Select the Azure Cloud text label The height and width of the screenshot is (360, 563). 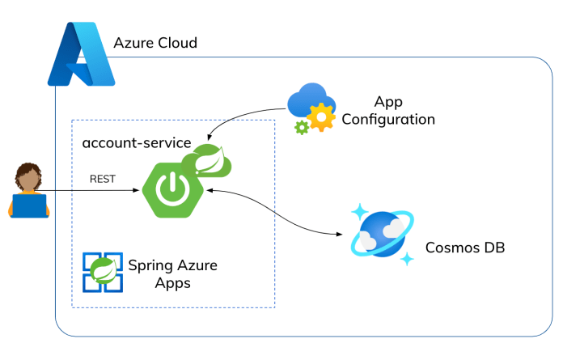point(155,43)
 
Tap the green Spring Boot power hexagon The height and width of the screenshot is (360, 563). point(171,188)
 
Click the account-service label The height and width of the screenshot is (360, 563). point(136,143)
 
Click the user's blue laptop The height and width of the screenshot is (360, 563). point(29,206)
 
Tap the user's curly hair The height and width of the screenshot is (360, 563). point(29,172)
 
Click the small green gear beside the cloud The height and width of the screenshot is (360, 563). point(302,127)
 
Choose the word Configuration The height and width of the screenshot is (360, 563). point(388,119)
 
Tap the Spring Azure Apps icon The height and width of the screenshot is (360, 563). point(102,272)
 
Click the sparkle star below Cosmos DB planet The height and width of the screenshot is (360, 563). point(408,259)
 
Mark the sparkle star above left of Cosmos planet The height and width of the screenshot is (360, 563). point(358,212)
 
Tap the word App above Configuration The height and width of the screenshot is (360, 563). point(388,102)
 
